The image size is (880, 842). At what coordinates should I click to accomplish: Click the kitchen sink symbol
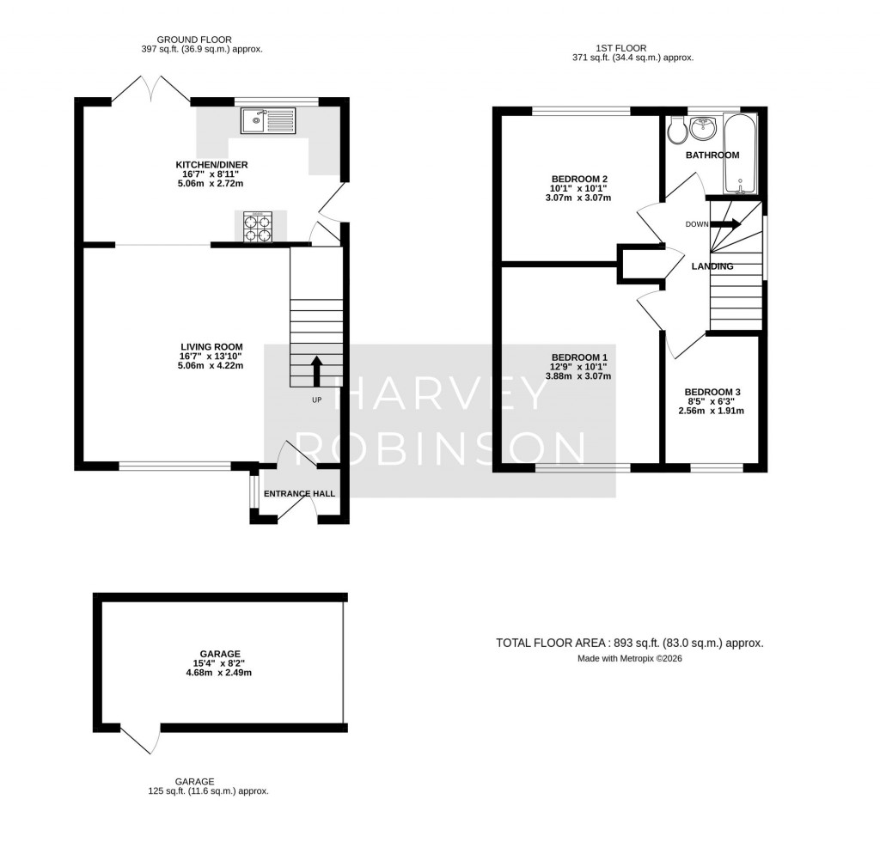[x=269, y=120]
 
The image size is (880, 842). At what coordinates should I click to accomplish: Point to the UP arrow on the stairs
[x=315, y=371]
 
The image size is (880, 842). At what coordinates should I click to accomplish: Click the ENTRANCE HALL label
[x=299, y=493]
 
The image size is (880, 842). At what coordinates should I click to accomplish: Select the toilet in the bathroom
[x=676, y=129]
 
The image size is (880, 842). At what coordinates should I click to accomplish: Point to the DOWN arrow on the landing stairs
[x=726, y=224]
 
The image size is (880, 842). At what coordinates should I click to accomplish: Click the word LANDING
[x=712, y=266]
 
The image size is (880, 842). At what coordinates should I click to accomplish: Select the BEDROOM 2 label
[x=579, y=179]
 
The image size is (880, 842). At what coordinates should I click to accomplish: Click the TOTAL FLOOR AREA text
[x=629, y=643]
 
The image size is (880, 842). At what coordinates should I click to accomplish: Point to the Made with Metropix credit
[x=629, y=659]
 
